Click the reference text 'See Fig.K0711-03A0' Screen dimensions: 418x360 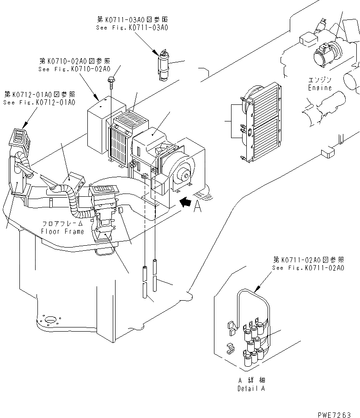pos(132,27)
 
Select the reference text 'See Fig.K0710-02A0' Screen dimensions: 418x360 pos(74,69)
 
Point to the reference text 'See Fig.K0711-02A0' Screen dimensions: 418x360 pos(308,268)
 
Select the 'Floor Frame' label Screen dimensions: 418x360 pos(62,231)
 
